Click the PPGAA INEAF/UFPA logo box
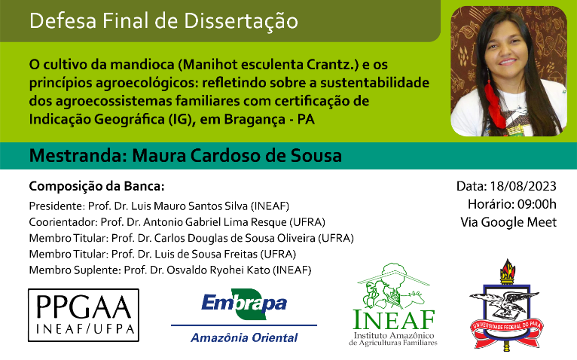84,315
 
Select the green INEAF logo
393,304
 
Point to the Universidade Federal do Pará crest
506,304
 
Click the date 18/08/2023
523,186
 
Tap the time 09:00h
537,204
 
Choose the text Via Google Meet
508,222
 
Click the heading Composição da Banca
96,186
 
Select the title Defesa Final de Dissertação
163,21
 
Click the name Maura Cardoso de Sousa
237,156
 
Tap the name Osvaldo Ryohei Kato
218,270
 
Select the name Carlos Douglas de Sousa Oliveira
235,238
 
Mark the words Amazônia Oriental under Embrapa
244,337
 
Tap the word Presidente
56,206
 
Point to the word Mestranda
78,156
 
